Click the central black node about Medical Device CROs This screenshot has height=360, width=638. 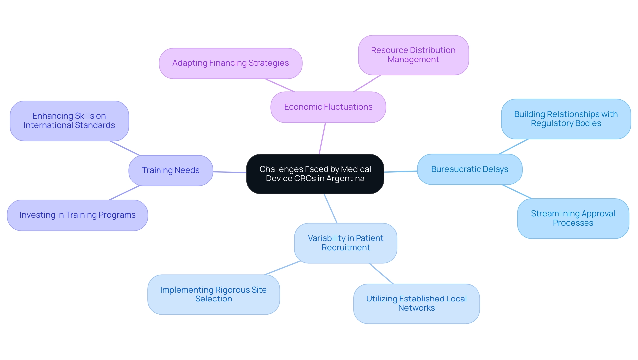pyautogui.click(x=315, y=174)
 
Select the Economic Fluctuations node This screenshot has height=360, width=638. pyautogui.click(x=328, y=107)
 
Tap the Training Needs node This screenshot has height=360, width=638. pyautogui.click(x=170, y=170)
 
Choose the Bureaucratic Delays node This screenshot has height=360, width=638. pyautogui.click(x=470, y=169)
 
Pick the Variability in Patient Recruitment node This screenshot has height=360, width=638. pyautogui.click(x=346, y=243)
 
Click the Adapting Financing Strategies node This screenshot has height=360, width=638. pyautogui.click(x=231, y=63)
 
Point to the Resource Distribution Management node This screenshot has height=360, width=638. pyautogui.click(x=413, y=55)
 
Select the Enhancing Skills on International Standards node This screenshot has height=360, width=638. pyautogui.click(x=69, y=121)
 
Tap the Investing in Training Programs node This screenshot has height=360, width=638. pyautogui.click(x=77, y=215)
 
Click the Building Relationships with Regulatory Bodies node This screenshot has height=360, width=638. pyautogui.click(x=566, y=119)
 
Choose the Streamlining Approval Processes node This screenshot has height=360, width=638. pyautogui.click(x=573, y=218)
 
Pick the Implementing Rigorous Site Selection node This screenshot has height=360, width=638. pyautogui.click(x=213, y=294)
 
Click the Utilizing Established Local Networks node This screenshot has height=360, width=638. pyautogui.click(x=416, y=303)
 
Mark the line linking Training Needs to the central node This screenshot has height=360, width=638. pyautogui.click(x=229, y=172)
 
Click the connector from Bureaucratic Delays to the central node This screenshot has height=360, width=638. pyautogui.click(x=401, y=171)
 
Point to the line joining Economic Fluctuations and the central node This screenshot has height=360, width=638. pyautogui.click(x=322, y=138)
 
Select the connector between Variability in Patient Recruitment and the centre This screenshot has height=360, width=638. pyautogui.click(x=331, y=209)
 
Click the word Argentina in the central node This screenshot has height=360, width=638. pyautogui.click(x=345, y=179)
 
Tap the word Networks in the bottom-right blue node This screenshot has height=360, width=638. pyautogui.click(x=416, y=308)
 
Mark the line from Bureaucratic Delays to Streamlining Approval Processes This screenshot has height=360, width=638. pyautogui.click(x=517, y=192)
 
